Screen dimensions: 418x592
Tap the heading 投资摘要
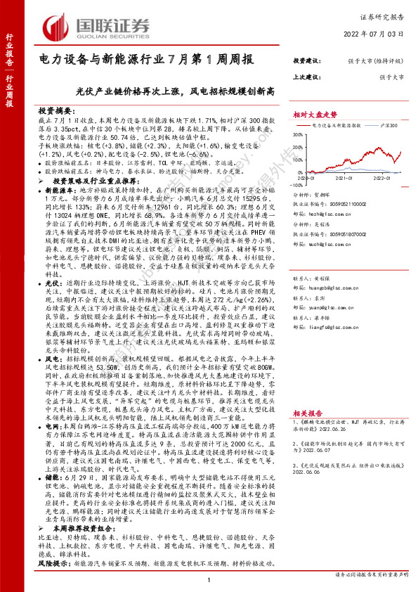pos(55,111)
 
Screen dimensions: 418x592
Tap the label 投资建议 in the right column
pos(308,61)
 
